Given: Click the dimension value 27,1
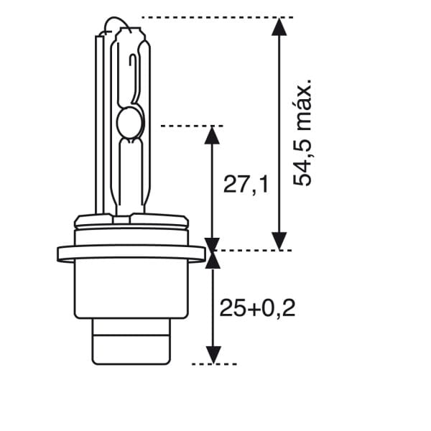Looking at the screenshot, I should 246,185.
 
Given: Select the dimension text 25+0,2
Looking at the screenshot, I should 257,308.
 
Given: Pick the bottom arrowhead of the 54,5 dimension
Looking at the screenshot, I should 280,241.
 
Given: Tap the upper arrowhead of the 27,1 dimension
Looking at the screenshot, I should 211,136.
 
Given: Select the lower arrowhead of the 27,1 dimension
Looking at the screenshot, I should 211,242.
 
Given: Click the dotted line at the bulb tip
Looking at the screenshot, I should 215,17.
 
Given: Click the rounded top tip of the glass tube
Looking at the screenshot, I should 129,24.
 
